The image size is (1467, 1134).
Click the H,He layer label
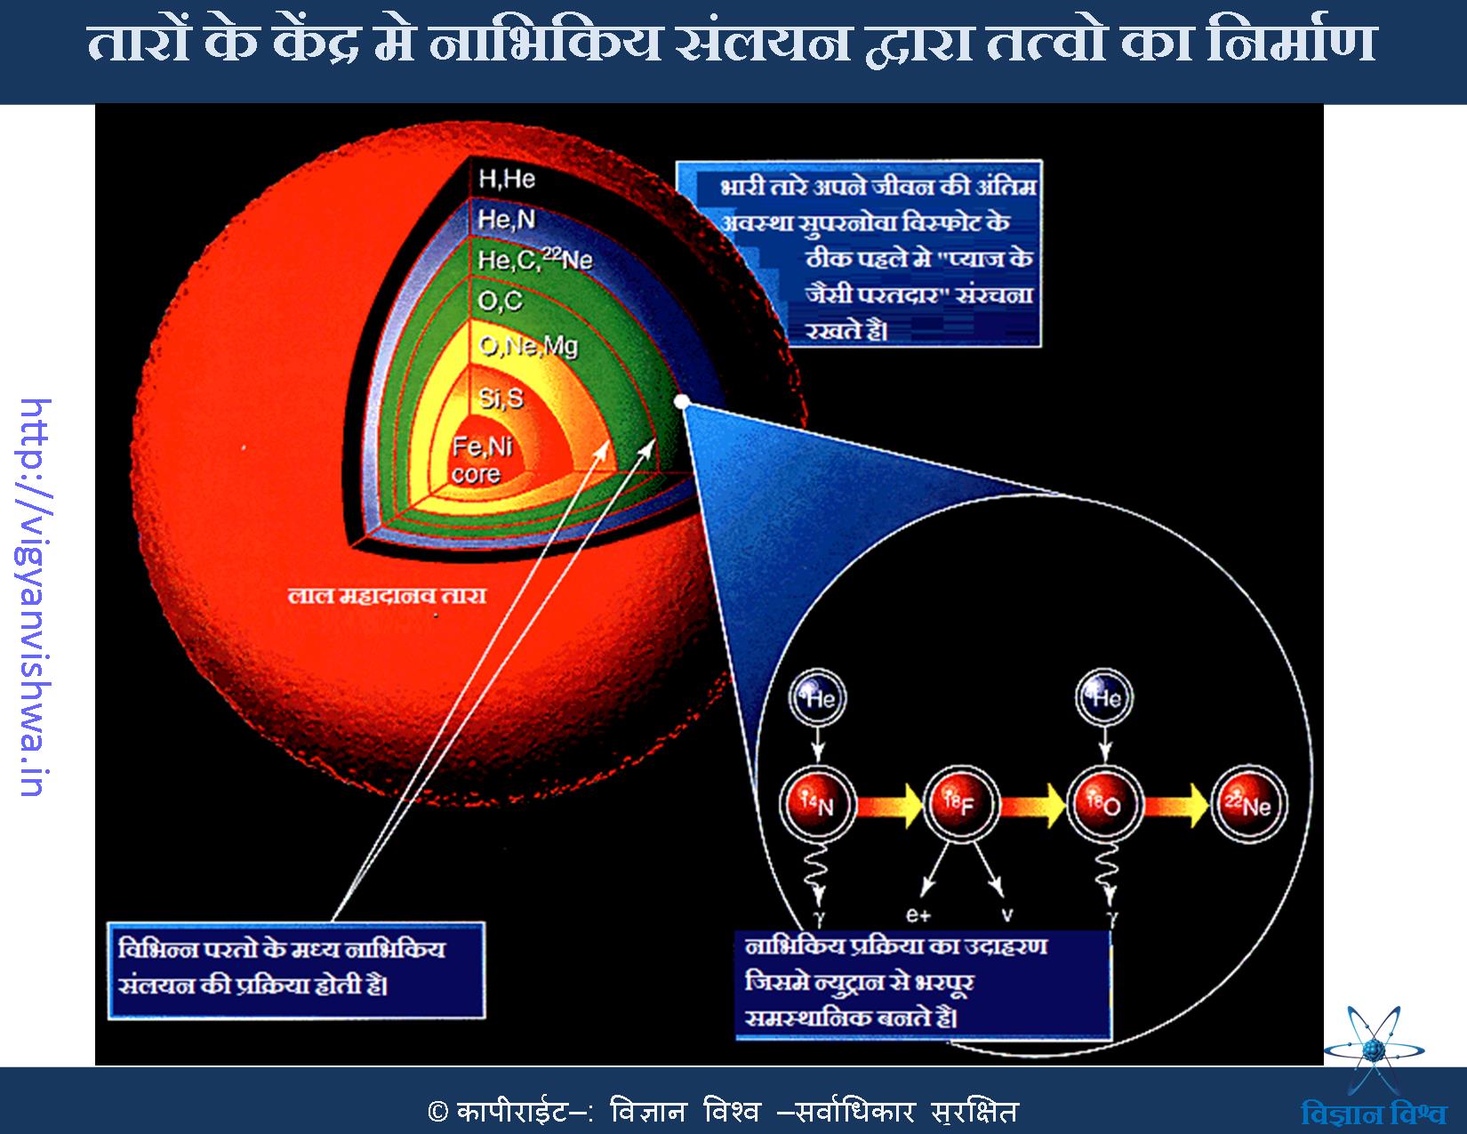tap(506, 180)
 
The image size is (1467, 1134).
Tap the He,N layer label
tap(506, 220)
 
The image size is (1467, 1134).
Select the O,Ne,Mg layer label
tap(528, 346)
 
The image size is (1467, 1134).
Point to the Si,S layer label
tap(501, 398)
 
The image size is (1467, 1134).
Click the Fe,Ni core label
tap(482, 459)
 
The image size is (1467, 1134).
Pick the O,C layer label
tap(501, 302)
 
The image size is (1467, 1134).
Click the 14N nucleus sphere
tap(818, 804)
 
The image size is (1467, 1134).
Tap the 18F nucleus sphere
tap(961, 804)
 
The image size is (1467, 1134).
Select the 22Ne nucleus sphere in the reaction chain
tap(1248, 804)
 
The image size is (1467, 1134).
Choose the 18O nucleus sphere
tap(1104, 804)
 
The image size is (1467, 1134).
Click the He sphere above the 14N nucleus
tap(818, 697)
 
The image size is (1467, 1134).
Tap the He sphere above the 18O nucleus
tap(1104, 697)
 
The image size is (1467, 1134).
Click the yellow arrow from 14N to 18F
tap(890, 805)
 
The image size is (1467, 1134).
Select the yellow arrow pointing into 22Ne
tap(1176, 805)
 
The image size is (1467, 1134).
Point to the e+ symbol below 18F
tap(918, 915)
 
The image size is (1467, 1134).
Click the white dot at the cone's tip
tap(682, 403)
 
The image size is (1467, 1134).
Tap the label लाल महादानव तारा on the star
tap(387, 596)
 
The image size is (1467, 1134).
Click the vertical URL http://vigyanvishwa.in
tap(34, 597)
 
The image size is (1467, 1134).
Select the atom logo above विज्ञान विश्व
tap(1374, 1050)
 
